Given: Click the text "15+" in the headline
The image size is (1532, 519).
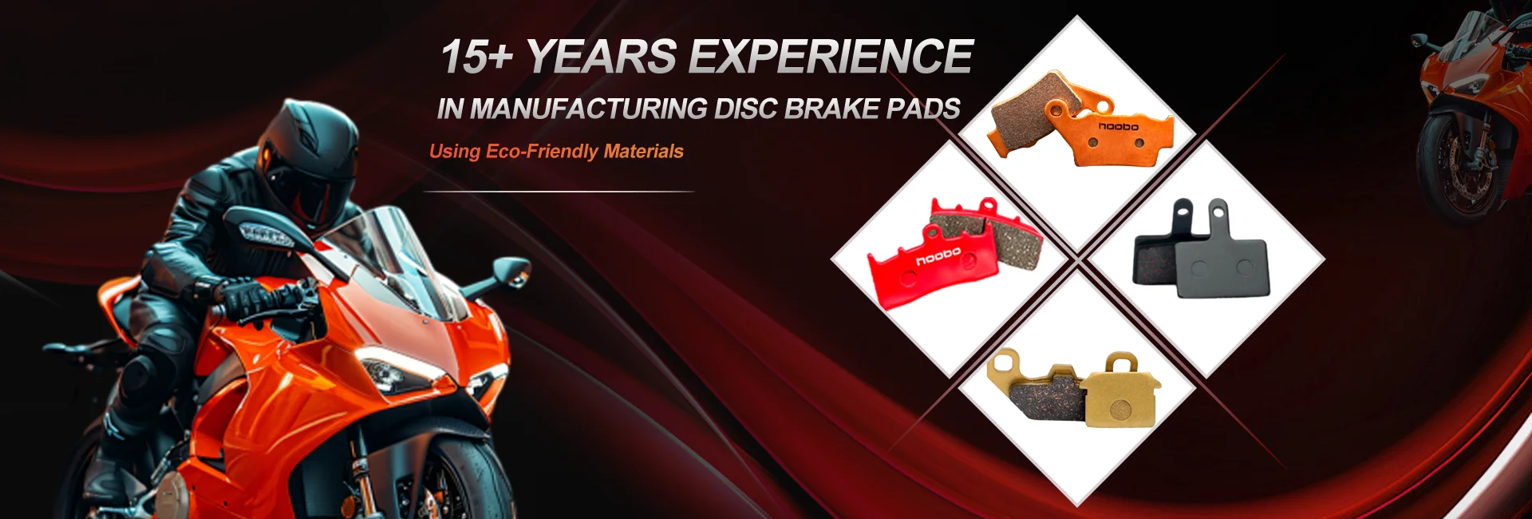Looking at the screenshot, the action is click(x=476, y=57).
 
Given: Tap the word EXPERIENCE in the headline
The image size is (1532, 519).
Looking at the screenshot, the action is click(x=831, y=57).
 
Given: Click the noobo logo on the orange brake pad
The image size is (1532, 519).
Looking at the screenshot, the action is click(x=1118, y=126).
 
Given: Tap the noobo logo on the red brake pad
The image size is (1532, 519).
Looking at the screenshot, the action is click(x=938, y=256).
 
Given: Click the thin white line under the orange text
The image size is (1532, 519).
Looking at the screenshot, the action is click(x=559, y=192).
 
